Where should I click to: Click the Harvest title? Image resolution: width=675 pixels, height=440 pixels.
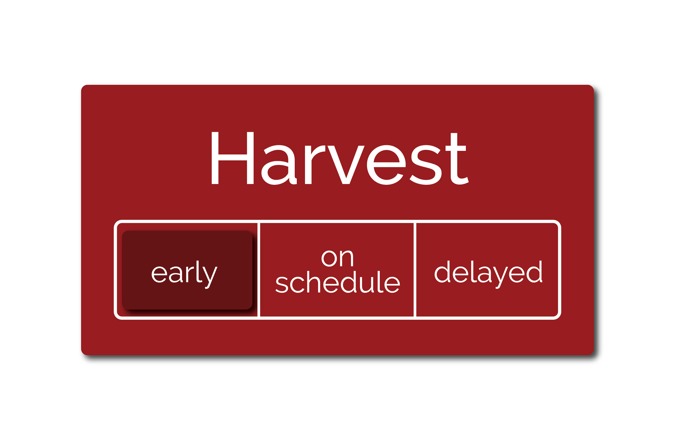pyautogui.click(x=340, y=159)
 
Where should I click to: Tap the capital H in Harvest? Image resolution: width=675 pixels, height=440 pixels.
pyautogui.click(x=233, y=158)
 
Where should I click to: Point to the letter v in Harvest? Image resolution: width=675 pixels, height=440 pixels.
pyautogui.click(x=346, y=165)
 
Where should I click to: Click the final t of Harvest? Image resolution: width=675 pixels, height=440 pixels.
pyautogui.click(x=457, y=159)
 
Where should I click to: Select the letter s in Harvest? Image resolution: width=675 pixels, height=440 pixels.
pyautogui.click(x=426, y=165)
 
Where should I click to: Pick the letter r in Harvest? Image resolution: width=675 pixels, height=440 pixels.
pyautogui.click(x=315, y=164)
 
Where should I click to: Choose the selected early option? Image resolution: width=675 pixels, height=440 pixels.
pyautogui.click(x=187, y=270)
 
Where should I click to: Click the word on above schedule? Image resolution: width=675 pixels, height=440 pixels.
pyautogui.click(x=337, y=259)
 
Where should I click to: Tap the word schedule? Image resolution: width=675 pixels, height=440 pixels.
pyautogui.click(x=338, y=282)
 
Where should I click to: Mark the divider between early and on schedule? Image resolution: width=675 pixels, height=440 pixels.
pyautogui.click(x=259, y=270)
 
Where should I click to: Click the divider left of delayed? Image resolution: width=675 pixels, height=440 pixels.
pyautogui.click(x=415, y=270)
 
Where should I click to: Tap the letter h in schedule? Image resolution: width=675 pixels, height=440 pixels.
pyautogui.click(x=313, y=282)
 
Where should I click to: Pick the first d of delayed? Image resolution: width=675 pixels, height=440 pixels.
pyautogui.click(x=442, y=271)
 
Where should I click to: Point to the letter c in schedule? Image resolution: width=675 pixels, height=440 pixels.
pyautogui.click(x=297, y=285)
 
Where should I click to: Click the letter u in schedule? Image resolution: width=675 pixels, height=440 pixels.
pyautogui.click(x=367, y=285)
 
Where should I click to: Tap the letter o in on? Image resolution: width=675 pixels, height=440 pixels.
pyautogui.click(x=329, y=259)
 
